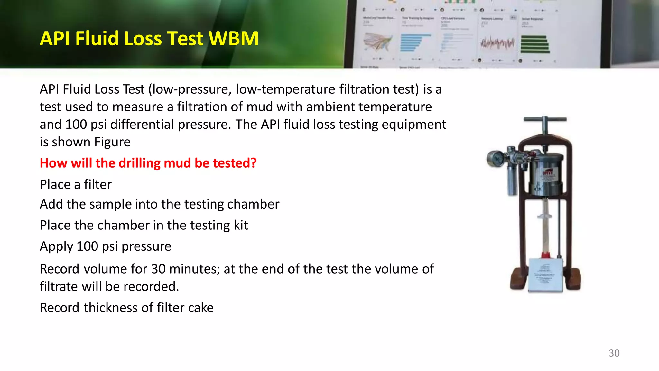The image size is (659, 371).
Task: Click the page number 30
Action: point(614,353)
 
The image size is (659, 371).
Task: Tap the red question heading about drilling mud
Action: point(148,163)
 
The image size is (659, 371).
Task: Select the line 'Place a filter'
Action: point(76,185)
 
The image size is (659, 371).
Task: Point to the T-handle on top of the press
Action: point(545,120)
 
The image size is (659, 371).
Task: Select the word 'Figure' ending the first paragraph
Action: point(112,142)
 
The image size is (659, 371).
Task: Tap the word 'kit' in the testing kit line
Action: point(241,225)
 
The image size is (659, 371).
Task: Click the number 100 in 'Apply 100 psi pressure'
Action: point(87,246)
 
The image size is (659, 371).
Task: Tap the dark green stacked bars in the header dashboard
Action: point(534,44)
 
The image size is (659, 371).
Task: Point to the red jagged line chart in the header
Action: point(497,43)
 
